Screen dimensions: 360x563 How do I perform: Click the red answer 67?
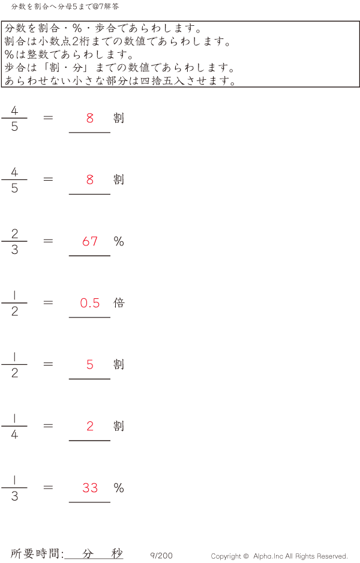(x=90, y=241)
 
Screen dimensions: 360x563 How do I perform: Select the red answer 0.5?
(x=90, y=303)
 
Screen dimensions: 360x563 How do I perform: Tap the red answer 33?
(x=90, y=487)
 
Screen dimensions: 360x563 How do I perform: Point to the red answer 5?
(x=90, y=364)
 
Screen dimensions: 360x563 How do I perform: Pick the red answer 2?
(x=90, y=426)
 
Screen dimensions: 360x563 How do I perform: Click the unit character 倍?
(x=119, y=303)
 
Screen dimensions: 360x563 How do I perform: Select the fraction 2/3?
(x=14, y=241)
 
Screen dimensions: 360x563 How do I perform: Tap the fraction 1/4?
(x=14, y=426)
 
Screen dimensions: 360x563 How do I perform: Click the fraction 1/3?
(x=14, y=487)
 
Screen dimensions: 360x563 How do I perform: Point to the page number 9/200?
(x=161, y=555)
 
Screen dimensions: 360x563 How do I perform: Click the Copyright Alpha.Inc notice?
(x=279, y=556)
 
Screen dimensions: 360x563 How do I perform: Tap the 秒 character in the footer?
(x=117, y=553)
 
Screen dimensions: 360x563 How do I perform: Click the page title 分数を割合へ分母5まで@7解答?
(x=65, y=7)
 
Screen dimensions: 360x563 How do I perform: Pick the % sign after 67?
(x=119, y=241)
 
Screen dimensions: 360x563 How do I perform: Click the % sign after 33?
(x=119, y=487)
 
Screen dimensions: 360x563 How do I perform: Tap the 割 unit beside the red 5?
(x=119, y=364)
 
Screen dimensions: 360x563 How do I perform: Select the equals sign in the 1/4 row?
(x=48, y=426)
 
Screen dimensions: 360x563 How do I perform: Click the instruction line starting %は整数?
(x=69, y=54)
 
